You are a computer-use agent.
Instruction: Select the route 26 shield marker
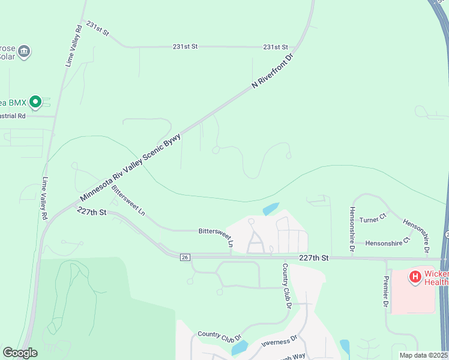(x=185, y=257)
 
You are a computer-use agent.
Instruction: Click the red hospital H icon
(x=414, y=277)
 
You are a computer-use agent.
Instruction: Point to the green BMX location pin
(x=35, y=102)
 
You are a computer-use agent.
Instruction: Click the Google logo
(x=20, y=353)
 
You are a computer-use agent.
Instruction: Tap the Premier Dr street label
(x=385, y=292)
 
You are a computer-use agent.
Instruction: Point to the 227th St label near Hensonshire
(x=314, y=257)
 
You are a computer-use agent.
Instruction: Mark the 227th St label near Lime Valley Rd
(x=91, y=212)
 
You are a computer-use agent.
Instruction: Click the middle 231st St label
(x=185, y=46)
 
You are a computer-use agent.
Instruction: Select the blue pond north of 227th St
(x=270, y=209)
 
